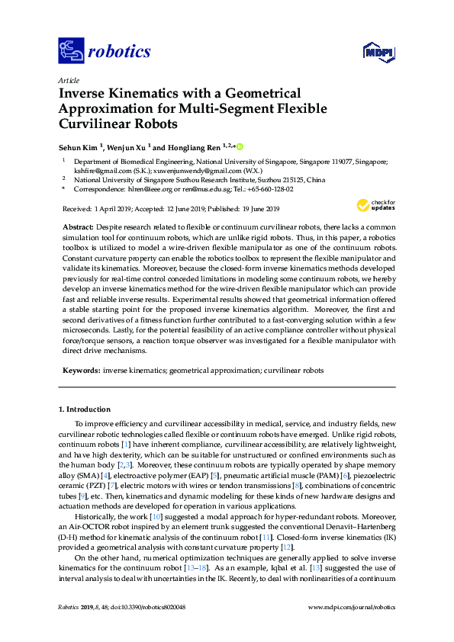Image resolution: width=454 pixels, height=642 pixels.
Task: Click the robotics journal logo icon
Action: coord(71,52)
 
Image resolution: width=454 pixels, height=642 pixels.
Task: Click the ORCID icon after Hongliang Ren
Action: coord(240,146)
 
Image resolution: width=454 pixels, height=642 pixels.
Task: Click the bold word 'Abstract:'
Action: coord(76,228)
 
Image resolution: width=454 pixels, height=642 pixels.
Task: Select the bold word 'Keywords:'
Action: coord(80,370)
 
